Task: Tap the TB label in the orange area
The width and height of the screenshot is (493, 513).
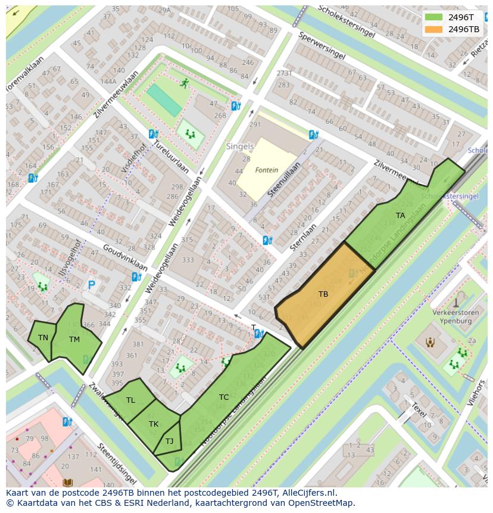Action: click(x=323, y=294)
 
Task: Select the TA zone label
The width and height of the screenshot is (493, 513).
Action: click(x=400, y=216)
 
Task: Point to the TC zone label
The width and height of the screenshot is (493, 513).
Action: click(x=224, y=397)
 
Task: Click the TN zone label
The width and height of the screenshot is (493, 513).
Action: click(x=43, y=338)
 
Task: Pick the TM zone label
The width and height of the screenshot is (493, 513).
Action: click(x=74, y=340)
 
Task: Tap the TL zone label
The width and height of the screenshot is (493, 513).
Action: click(x=130, y=400)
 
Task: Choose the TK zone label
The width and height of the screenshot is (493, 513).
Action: click(x=154, y=424)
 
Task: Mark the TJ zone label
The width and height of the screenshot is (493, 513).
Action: click(x=169, y=442)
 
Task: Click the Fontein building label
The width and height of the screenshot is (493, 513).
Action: click(x=267, y=170)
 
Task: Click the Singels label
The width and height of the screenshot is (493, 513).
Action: click(x=239, y=146)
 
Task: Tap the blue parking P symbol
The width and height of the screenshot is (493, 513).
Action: click(x=91, y=285)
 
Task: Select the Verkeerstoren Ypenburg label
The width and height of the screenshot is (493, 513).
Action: click(x=452, y=316)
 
